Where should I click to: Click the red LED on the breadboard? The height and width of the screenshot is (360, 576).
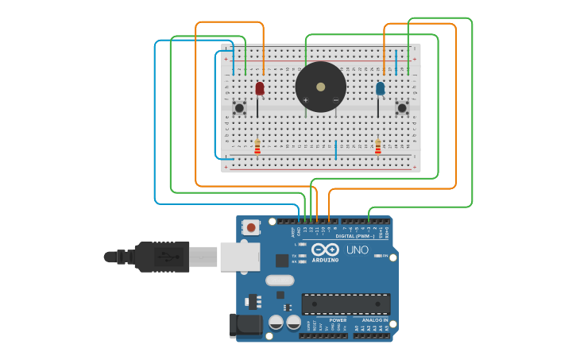coord(260,87)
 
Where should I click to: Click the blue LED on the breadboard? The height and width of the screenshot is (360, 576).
coord(380,87)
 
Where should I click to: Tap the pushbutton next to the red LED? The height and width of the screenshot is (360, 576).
coord(239,107)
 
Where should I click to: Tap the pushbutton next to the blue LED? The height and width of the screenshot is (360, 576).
coord(402,107)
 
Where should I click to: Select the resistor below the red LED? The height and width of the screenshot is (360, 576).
coord(257,147)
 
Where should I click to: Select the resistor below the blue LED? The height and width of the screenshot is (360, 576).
coord(378,147)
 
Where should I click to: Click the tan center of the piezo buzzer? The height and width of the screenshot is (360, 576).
coord(320,87)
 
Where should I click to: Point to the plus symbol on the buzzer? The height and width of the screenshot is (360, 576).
coord(305,100)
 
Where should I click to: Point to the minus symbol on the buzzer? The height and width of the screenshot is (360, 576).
coord(335,100)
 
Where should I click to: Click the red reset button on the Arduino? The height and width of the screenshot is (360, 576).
coord(251,227)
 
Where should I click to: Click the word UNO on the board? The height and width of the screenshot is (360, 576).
coord(358,250)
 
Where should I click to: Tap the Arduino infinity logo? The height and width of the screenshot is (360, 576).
coord(325,250)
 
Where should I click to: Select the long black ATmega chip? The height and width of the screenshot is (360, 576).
coord(346,304)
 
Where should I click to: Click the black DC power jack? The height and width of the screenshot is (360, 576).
coord(245,325)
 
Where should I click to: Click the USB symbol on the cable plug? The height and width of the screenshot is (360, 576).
coord(164,257)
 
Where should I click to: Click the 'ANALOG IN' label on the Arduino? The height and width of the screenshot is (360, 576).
coord(369,320)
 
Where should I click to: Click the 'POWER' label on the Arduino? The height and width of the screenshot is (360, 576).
coord(338,320)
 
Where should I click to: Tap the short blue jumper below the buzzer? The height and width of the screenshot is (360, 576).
coord(335,149)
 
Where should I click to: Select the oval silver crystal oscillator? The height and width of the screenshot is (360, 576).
coord(280,280)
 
